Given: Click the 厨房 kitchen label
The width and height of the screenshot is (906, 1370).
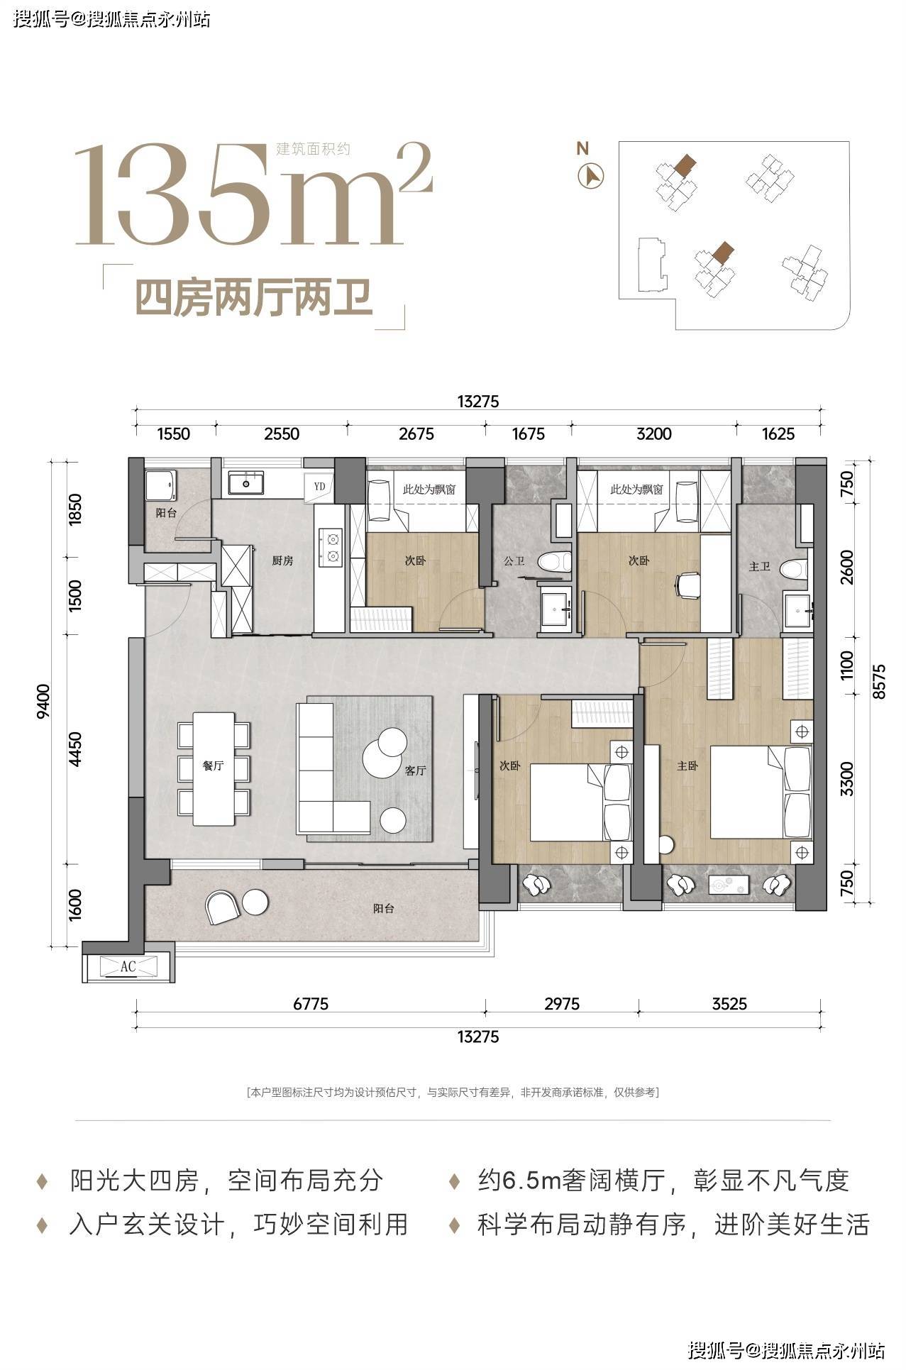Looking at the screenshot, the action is tap(282, 560).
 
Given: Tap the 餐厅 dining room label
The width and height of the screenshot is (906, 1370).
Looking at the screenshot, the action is tap(213, 766).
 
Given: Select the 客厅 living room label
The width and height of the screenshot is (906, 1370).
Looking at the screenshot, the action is tap(415, 770).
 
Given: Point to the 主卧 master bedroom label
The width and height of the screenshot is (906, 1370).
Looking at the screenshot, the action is tap(687, 766).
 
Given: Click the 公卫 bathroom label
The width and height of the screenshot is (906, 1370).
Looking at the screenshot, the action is tap(514, 561).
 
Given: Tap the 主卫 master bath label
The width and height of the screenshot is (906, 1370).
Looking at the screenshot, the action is tap(759, 566).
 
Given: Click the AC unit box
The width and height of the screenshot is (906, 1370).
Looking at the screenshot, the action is tap(128, 966).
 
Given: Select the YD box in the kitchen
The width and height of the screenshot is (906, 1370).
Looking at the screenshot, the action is tap(319, 487).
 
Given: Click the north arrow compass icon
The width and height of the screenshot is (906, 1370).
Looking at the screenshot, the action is tap(591, 175).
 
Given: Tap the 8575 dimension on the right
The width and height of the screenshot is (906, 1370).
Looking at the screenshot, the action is tap(880, 682).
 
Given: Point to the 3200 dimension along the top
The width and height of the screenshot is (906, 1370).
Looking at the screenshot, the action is tap(653, 433).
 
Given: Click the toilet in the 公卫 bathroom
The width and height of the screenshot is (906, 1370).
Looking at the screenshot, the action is tap(554, 561).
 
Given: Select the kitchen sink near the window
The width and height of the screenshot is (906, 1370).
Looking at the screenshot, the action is tap(247, 483).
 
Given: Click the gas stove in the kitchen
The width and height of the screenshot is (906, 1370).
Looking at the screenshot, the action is tap(331, 549).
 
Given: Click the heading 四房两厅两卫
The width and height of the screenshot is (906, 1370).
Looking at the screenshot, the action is tap(254, 298).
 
